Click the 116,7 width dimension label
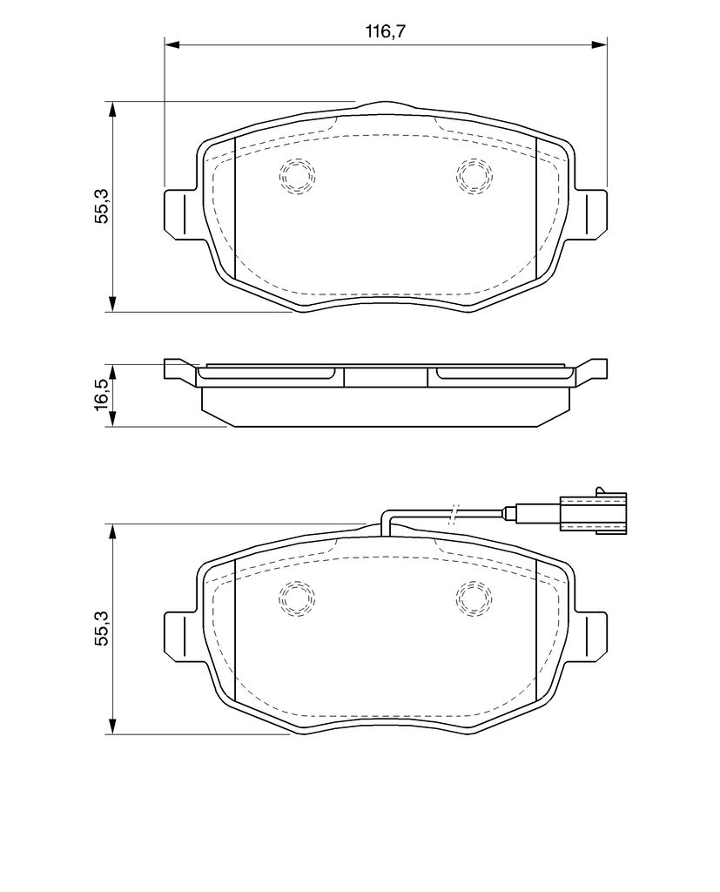tap(385, 31)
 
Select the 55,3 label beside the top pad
tap(102, 207)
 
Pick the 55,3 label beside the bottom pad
tap(102, 629)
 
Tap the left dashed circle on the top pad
tap(296, 176)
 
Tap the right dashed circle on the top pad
tap(474, 176)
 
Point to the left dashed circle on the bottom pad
tap(296, 598)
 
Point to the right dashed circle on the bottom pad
tap(474, 598)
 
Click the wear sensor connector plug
tap(593, 510)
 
